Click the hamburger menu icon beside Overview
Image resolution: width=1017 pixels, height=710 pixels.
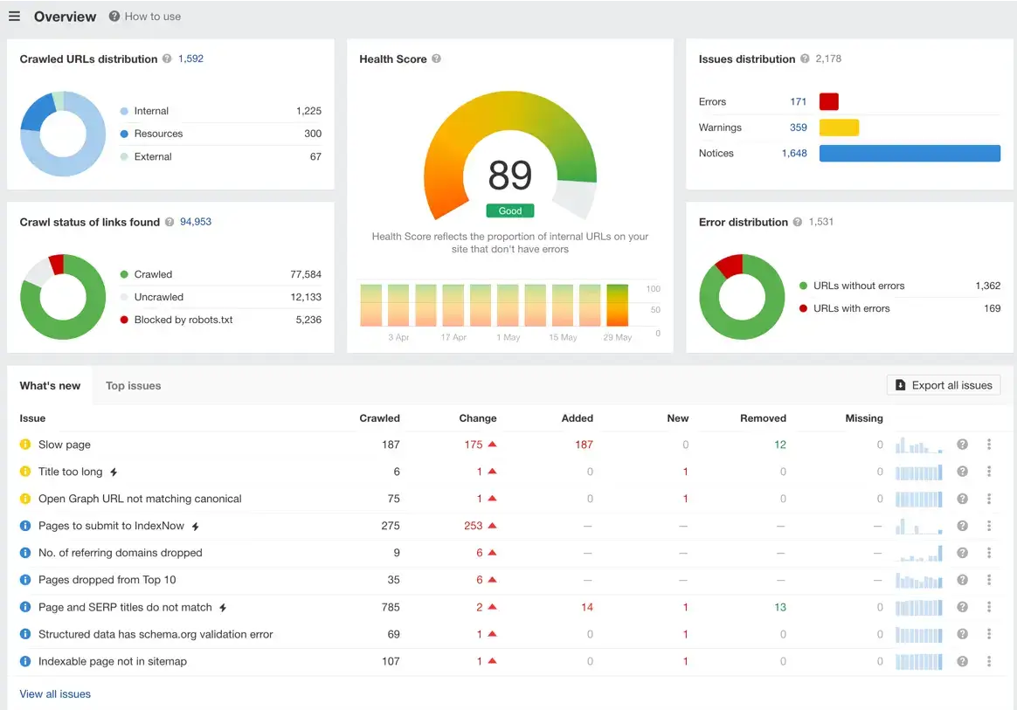[14, 17]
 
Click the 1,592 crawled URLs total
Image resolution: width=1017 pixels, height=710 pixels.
[190, 59]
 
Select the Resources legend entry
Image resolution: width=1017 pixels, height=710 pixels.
[158, 134]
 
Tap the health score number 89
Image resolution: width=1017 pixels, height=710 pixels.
[509, 176]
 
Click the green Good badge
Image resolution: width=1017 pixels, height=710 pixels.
[509, 210]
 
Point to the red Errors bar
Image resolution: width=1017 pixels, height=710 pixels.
[828, 102]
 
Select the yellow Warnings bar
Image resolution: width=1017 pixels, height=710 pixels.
[839, 128]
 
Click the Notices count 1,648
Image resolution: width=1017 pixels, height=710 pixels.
[793, 154]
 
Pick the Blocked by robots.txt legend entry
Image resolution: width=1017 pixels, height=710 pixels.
[183, 320]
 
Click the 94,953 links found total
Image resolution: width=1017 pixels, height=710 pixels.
[196, 222]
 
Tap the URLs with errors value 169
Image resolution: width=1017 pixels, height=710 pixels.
[992, 308]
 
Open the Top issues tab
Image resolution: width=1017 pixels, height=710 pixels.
[133, 386]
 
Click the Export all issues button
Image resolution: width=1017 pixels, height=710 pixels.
[943, 385]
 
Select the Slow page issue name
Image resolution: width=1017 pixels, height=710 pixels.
[65, 445]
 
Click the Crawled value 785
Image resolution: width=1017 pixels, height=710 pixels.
[390, 607]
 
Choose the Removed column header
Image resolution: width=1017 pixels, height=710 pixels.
[762, 418]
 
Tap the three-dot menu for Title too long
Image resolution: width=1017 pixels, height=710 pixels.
[988, 472]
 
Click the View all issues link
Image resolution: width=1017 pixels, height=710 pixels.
[55, 694]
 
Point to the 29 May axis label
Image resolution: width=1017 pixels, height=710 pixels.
[617, 337]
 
